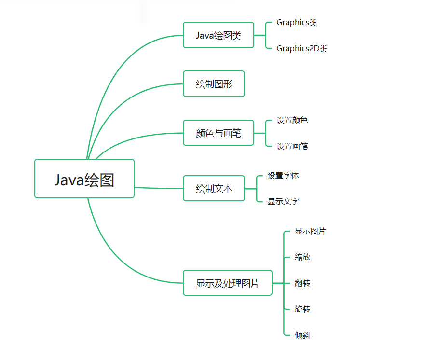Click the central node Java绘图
click(84, 179)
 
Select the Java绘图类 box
click(218, 35)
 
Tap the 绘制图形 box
click(214, 84)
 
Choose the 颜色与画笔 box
click(218, 133)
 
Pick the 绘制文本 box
click(214, 188)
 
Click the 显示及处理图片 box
click(227, 283)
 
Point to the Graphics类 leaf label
click(297, 23)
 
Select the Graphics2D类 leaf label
click(302, 48)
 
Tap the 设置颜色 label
click(292, 120)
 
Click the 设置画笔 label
click(292, 146)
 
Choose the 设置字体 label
click(283, 176)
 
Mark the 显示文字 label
click(283, 201)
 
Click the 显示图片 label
click(310, 231)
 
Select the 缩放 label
click(302, 257)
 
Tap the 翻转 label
click(302, 283)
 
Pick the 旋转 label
click(302, 309)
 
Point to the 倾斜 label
click(302, 335)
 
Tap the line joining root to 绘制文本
click(159, 188)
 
